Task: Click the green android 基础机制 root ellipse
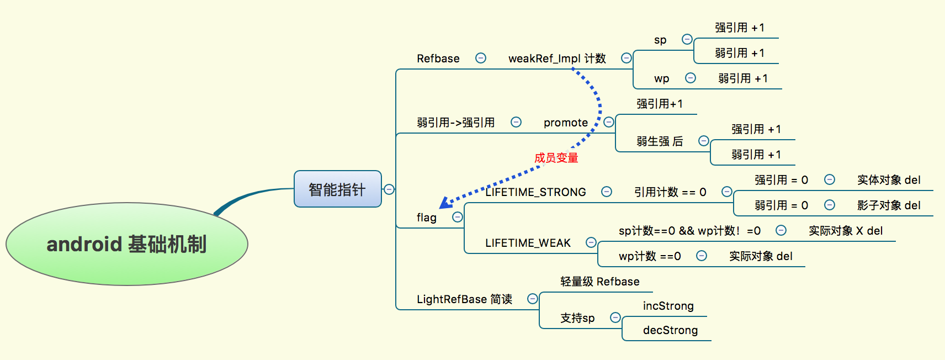[x=127, y=244]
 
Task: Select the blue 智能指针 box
[x=337, y=189]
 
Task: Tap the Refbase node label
[x=438, y=59]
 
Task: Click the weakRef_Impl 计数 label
[x=556, y=59]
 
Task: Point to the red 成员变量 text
[x=556, y=158]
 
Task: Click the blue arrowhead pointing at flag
[x=445, y=203]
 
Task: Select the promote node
[x=565, y=123]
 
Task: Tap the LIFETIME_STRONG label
[x=535, y=192]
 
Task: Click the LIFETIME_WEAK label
[x=528, y=243]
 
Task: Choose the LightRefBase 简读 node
[x=464, y=299]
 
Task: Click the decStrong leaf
[x=670, y=330]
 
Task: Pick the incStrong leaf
[x=668, y=306]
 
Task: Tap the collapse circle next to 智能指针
[x=389, y=189]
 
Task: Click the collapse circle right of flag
[x=458, y=217]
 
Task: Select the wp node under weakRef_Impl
[x=661, y=78]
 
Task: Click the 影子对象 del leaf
[x=888, y=205]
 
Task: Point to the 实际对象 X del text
[x=845, y=231]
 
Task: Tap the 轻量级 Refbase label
[x=599, y=282]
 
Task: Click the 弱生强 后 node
[x=659, y=141]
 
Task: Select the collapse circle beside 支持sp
[x=615, y=317]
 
